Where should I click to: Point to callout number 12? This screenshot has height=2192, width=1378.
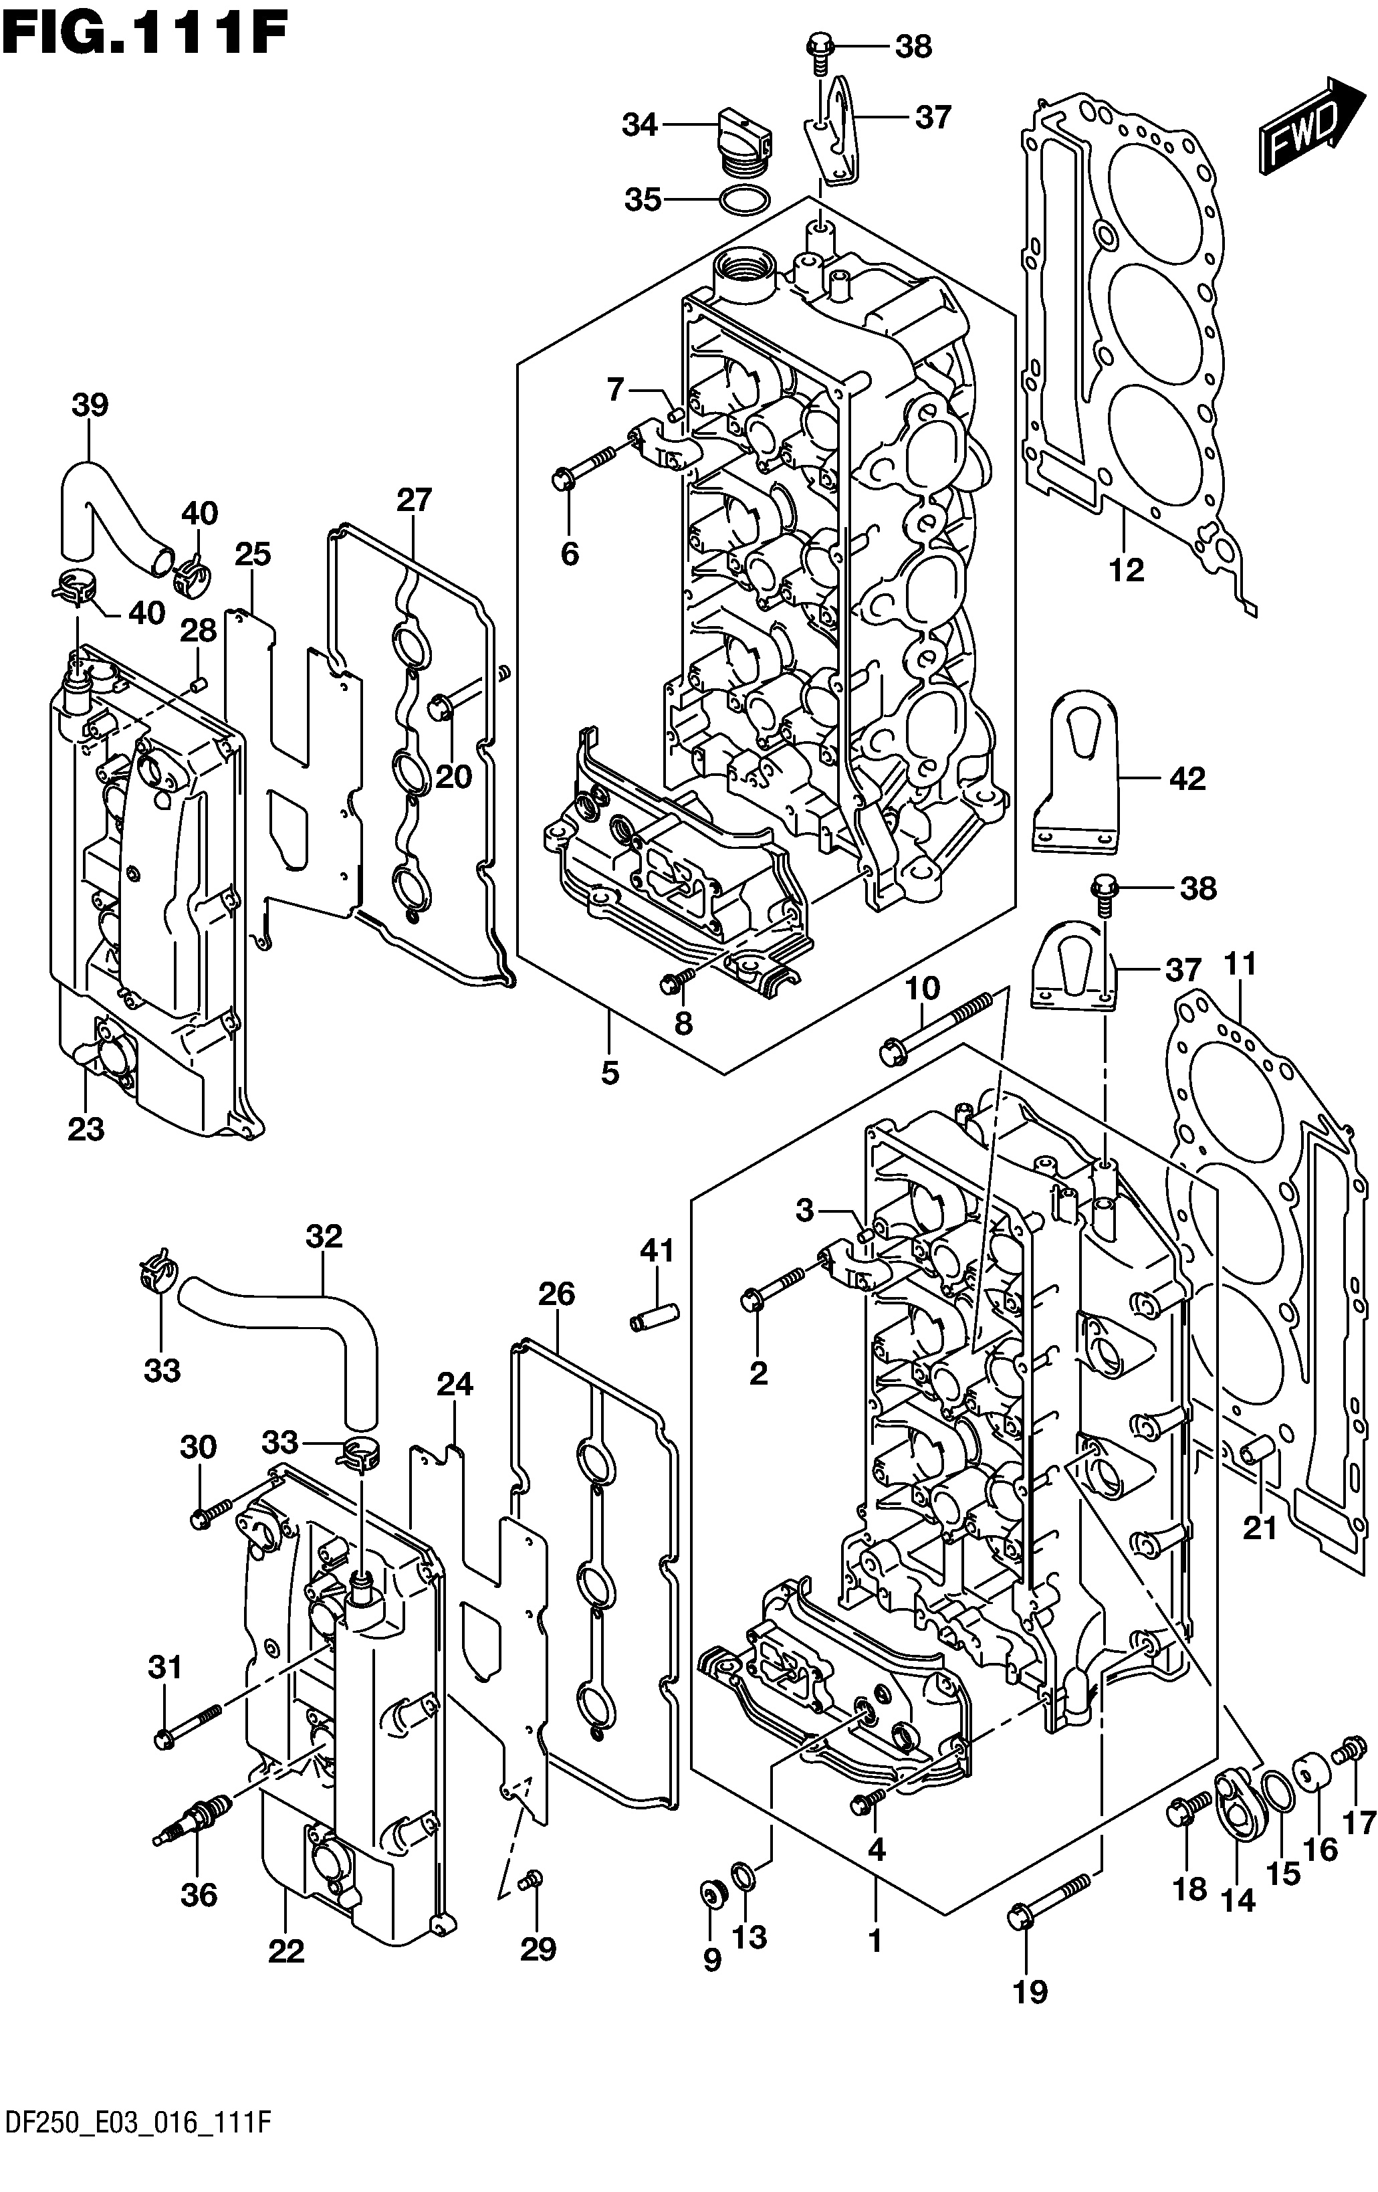[1125, 570]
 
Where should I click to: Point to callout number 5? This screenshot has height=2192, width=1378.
[610, 1072]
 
